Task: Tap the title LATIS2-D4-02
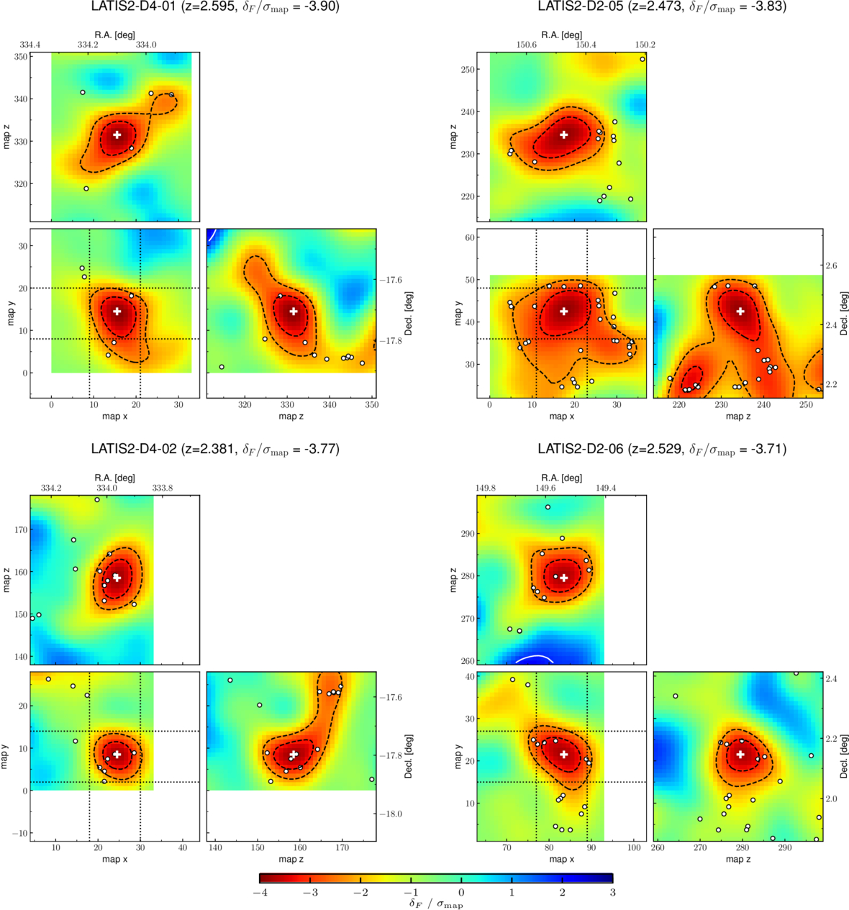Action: [x=134, y=448]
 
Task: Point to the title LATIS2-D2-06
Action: [x=581, y=448]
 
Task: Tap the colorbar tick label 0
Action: [x=461, y=892]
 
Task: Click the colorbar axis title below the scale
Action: [x=436, y=904]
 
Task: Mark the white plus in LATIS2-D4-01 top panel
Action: [x=117, y=135]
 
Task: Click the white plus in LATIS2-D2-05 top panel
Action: [x=564, y=135]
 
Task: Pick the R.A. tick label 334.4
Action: [x=29, y=45]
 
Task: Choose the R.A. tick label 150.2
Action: [x=645, y=45]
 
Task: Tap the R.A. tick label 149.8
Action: [x=486, y=488]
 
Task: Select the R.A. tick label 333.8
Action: [x=163, y=488]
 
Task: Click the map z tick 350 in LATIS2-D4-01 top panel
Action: [x=20, y=57]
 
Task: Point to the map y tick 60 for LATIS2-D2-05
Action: [x=470, y=237]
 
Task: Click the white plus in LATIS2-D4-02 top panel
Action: [x=117, y=578]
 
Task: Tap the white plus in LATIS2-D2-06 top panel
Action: [x=564, y=578]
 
